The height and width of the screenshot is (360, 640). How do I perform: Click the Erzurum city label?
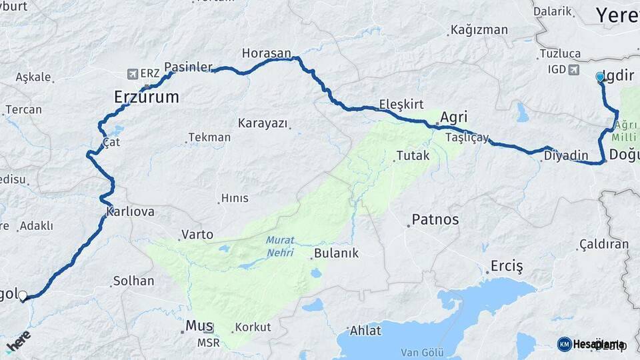coord(147,97)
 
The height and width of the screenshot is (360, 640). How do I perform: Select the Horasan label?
coord(267,53)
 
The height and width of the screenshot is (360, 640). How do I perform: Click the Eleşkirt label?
coord(401,104)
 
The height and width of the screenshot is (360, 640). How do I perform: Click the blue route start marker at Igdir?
coord(600,77)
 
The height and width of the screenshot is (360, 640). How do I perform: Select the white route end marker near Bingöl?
coord(23,295)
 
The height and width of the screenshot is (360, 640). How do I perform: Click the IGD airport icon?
coord(573,69)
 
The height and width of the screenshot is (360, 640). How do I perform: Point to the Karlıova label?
coord(131,211)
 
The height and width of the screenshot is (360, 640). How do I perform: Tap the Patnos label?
coord(435,219)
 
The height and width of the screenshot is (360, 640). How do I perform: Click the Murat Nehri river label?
coord(280,247)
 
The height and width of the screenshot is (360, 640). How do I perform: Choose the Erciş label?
coord(507,265)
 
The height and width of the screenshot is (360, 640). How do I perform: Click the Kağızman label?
coord(479,30)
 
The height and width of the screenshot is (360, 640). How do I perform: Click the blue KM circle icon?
coord(564,344)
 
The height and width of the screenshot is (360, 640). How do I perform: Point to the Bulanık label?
coord(336,253)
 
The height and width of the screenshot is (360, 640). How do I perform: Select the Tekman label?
coord(209,137)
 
